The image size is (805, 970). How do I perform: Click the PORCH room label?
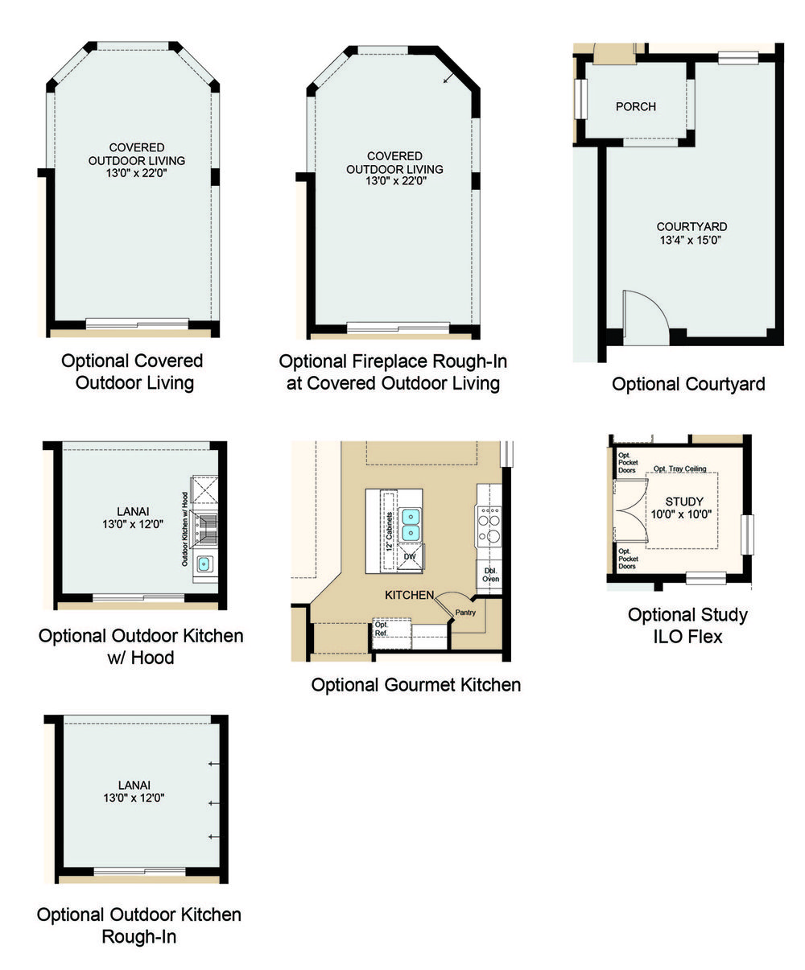tap(635, 107)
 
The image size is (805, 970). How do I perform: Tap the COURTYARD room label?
tap(691, 227)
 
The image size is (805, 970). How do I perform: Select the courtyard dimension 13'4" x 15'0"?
tap(690, 240)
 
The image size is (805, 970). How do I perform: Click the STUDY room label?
tap(683, 502)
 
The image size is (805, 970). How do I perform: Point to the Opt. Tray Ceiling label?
tap(679, 468)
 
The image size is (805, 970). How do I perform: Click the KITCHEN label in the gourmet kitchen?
tap(409, 595)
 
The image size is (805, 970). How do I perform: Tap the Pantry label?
tap(465, 613)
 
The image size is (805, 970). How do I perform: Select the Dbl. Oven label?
tap(490, 575)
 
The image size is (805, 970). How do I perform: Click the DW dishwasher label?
tap(410, 556)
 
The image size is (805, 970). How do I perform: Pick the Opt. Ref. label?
tap(381, 629)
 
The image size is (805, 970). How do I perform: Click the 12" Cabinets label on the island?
tap(390, 531)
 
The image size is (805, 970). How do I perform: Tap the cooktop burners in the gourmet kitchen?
tap(489, 526)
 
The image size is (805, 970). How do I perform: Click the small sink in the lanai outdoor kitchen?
tap(204, 564)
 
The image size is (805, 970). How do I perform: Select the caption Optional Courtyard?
tap(688, 384)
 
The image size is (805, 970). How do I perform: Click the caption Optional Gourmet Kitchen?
tap(415, 685)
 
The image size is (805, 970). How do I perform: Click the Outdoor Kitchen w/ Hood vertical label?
tap(185, 529)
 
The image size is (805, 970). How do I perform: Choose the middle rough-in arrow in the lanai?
tap(213, 803)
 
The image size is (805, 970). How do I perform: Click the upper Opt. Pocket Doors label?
tap(628, 463)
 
